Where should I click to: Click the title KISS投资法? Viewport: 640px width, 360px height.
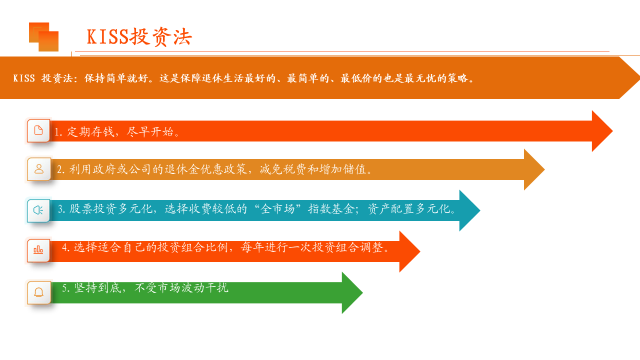point(139,37)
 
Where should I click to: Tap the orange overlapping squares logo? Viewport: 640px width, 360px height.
point(43,37)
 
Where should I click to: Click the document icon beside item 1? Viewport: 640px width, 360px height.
point(38,130)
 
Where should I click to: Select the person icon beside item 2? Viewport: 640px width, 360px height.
point(39,169)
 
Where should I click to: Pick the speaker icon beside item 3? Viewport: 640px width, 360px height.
point(38,210)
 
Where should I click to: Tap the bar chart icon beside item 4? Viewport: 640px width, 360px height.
point(38,250)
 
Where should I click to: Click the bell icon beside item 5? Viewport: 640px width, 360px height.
point(38,292)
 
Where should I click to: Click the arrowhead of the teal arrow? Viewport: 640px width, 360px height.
point(469,210)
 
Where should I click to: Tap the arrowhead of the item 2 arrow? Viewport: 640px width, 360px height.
point(534,169)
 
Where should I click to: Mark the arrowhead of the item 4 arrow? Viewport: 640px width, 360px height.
point(409,251)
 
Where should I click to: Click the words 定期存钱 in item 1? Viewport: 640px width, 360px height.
point(90,131)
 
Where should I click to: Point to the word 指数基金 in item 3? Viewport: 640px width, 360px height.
point(331,208)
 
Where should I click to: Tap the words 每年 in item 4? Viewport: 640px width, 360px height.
point(252,247)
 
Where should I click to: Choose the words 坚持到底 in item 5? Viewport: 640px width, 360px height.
point(97,287)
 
